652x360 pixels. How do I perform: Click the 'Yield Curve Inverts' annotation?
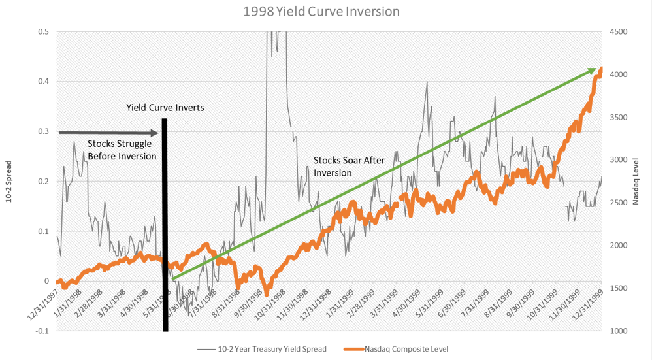[165, 108]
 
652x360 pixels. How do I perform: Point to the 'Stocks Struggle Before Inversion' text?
[122, 150]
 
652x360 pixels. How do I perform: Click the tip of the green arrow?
[600, 68]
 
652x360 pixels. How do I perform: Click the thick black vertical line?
[165, 222]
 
